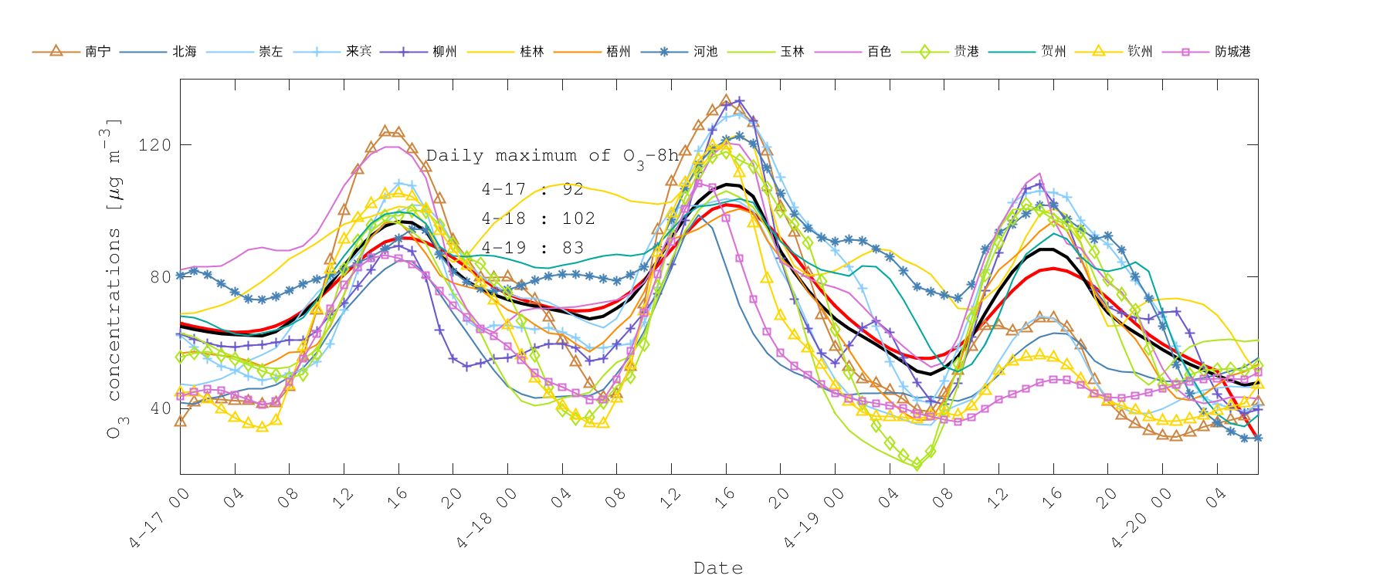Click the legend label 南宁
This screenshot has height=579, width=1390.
click(97, 52)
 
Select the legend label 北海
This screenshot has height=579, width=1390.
click(185, 52)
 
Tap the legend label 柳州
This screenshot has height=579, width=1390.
click(445, 52)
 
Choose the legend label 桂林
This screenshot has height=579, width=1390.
click(532, 52)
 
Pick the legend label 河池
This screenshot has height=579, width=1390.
click(705, 52)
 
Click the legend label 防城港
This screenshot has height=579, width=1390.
click(1232, 52)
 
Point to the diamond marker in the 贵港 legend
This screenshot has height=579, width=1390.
click(924, 52)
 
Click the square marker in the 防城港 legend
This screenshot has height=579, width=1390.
click(1185, 52)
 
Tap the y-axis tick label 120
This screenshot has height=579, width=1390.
click(154, 145)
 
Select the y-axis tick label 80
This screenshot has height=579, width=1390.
click(160, 276)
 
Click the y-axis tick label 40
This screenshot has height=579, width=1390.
click(160, 408)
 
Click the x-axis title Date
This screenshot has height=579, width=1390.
click(718, 568)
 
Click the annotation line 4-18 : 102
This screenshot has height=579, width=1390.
click(538, 218)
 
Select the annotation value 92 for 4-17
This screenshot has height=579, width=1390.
click(573, 189)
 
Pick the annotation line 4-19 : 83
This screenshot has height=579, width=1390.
click(533, 248)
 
